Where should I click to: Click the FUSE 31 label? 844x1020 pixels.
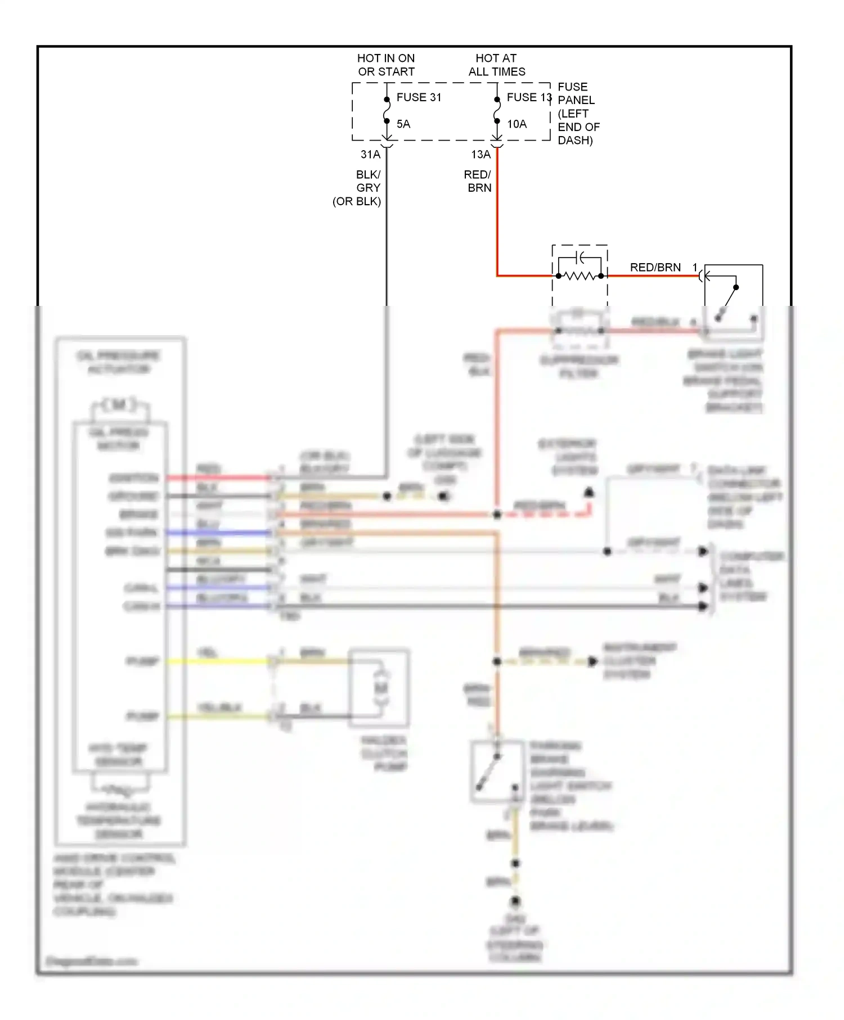(x=419, y=97)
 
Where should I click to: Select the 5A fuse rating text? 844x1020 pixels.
(x=403, y=124)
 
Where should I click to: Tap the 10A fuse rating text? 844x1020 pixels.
(x=517, y=124)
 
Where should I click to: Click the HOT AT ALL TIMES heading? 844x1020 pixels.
(x=496, y=65)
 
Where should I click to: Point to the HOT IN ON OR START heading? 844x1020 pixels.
(x=386, y=65)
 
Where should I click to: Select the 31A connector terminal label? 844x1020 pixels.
(x=370, y=154)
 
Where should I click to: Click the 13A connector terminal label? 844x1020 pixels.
(x=481, y=154)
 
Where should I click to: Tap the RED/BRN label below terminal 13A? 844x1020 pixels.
(x=478, y=181)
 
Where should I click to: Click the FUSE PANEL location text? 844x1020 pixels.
(x=577, y=114)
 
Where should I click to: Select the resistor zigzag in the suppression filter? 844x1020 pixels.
(x=580, y=276)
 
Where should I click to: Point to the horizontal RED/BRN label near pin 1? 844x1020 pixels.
(x=655, y=268)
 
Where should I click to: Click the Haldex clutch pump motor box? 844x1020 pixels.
(x=379, y=688)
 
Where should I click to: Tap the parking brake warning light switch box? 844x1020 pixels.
(x=497, y=771)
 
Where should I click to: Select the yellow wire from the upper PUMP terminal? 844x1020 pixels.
(x=219, y=662)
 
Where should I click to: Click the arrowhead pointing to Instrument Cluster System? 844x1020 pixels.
(x=592, y=662)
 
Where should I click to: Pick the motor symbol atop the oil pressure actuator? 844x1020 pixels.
(x=119, y=405)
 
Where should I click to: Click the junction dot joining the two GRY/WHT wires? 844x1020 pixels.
(x=607, y=552)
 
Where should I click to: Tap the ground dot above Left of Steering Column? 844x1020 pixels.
(x=515, y=902)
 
